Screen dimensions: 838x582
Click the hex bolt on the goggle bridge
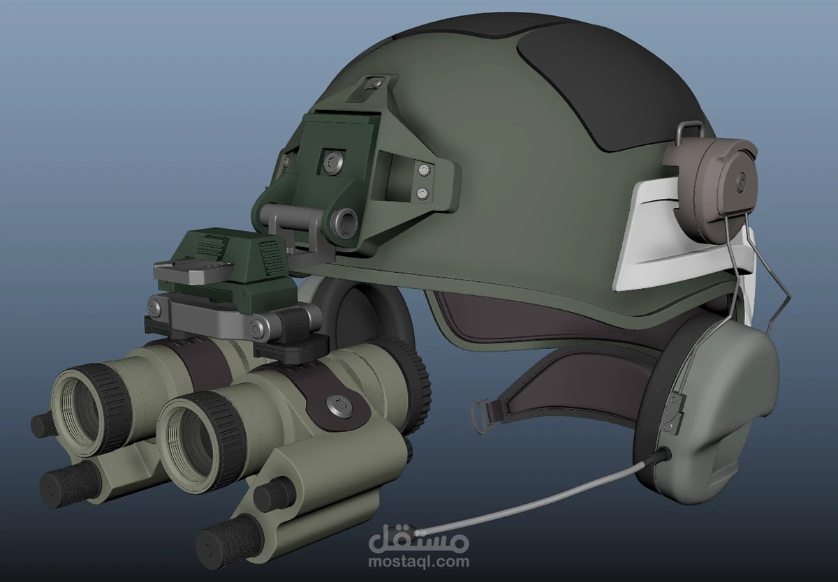pyautogui.click(x=339, y=405)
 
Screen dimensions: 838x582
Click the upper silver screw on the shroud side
pyautogui.click(x=423, y=170)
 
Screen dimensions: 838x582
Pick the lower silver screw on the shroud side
pyautogui.click(x=422, y=193)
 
